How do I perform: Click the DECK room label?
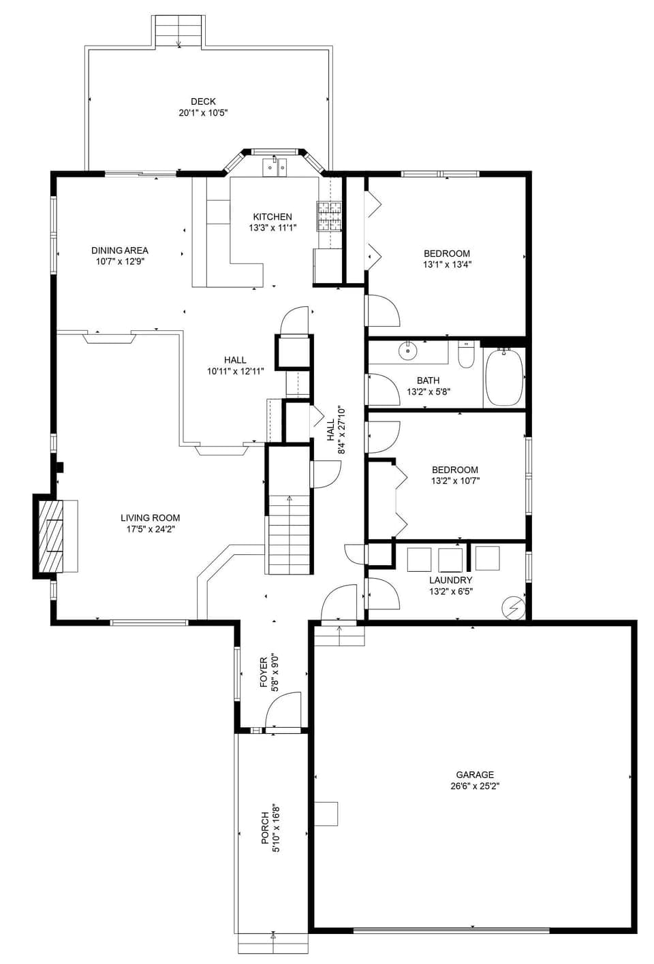(x=203, y=101)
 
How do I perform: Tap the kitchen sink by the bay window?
(x=276, y=166)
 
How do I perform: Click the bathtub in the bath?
(x=504, y=377)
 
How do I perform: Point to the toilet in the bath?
(x=466, y=356)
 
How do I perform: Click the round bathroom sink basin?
(x=407, y=351)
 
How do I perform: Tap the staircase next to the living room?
(x=290, y=534)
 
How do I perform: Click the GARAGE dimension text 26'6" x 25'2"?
(x=475, y=786)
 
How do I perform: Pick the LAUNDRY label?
(x=450, y=580)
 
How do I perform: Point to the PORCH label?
(x=265, y=828)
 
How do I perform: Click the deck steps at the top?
(x=178, y=31)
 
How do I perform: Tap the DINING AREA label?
(x=120, y=251)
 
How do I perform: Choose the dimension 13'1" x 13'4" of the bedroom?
(x=447, y=264)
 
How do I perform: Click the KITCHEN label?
(x=272, y=216)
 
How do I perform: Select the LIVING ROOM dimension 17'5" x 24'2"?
(x=151, y=528)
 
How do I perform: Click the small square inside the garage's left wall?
(x=326, y=814)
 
